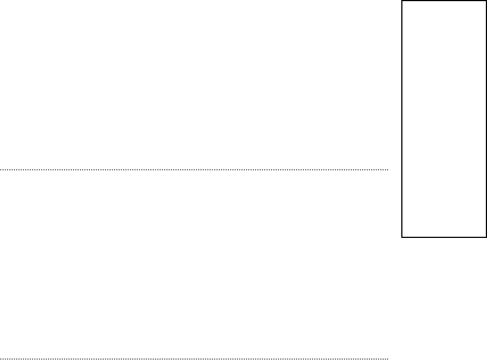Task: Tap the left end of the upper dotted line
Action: tap(1, 169)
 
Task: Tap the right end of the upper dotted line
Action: tap(388, 169)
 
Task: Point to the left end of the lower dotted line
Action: tap(1, 358)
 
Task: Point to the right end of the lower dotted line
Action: tap(388, 358)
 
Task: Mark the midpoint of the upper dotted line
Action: tap(194, 169)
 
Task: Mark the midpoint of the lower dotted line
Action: tap(194, 358)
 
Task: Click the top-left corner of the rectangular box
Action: tap(402, 1)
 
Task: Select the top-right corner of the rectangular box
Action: tap(486, 1)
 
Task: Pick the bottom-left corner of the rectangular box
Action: tap(402, 236)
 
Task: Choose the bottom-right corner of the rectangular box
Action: tap(486, 236)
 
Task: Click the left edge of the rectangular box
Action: tap(402, 118)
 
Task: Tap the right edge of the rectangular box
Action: tap(486, 118)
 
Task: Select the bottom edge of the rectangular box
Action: tap(444, 236)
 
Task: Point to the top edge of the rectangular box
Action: tap(444, 1)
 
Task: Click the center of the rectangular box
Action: tap(444, 118)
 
